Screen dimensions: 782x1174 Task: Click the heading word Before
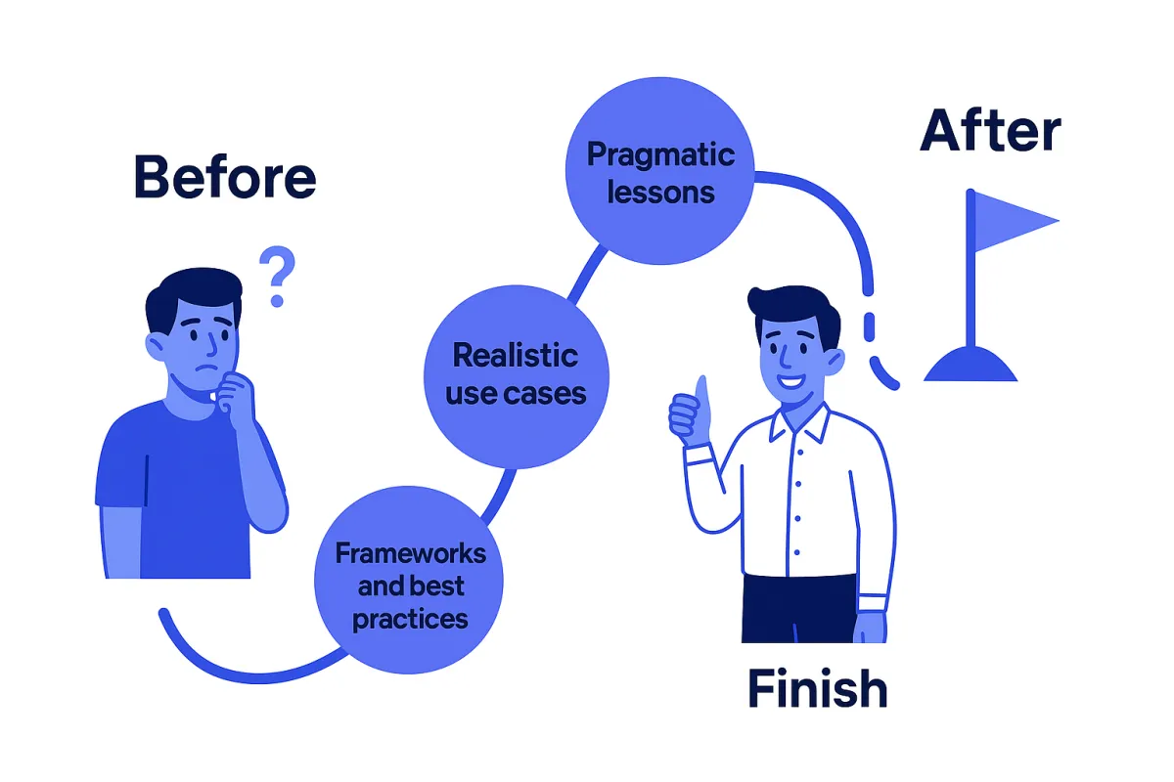point(225,178)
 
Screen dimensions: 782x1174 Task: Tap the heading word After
point(990,133)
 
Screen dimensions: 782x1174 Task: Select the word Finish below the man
point(818,688)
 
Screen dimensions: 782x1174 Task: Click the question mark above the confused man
point(277,276)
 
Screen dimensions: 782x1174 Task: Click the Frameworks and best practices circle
point(409,584)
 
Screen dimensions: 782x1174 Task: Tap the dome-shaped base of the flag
point(971,366)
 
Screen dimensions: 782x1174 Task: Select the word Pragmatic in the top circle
point(660,154)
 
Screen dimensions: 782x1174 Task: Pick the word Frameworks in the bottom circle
point(410,553)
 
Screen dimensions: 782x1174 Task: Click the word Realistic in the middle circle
point(516,355)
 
